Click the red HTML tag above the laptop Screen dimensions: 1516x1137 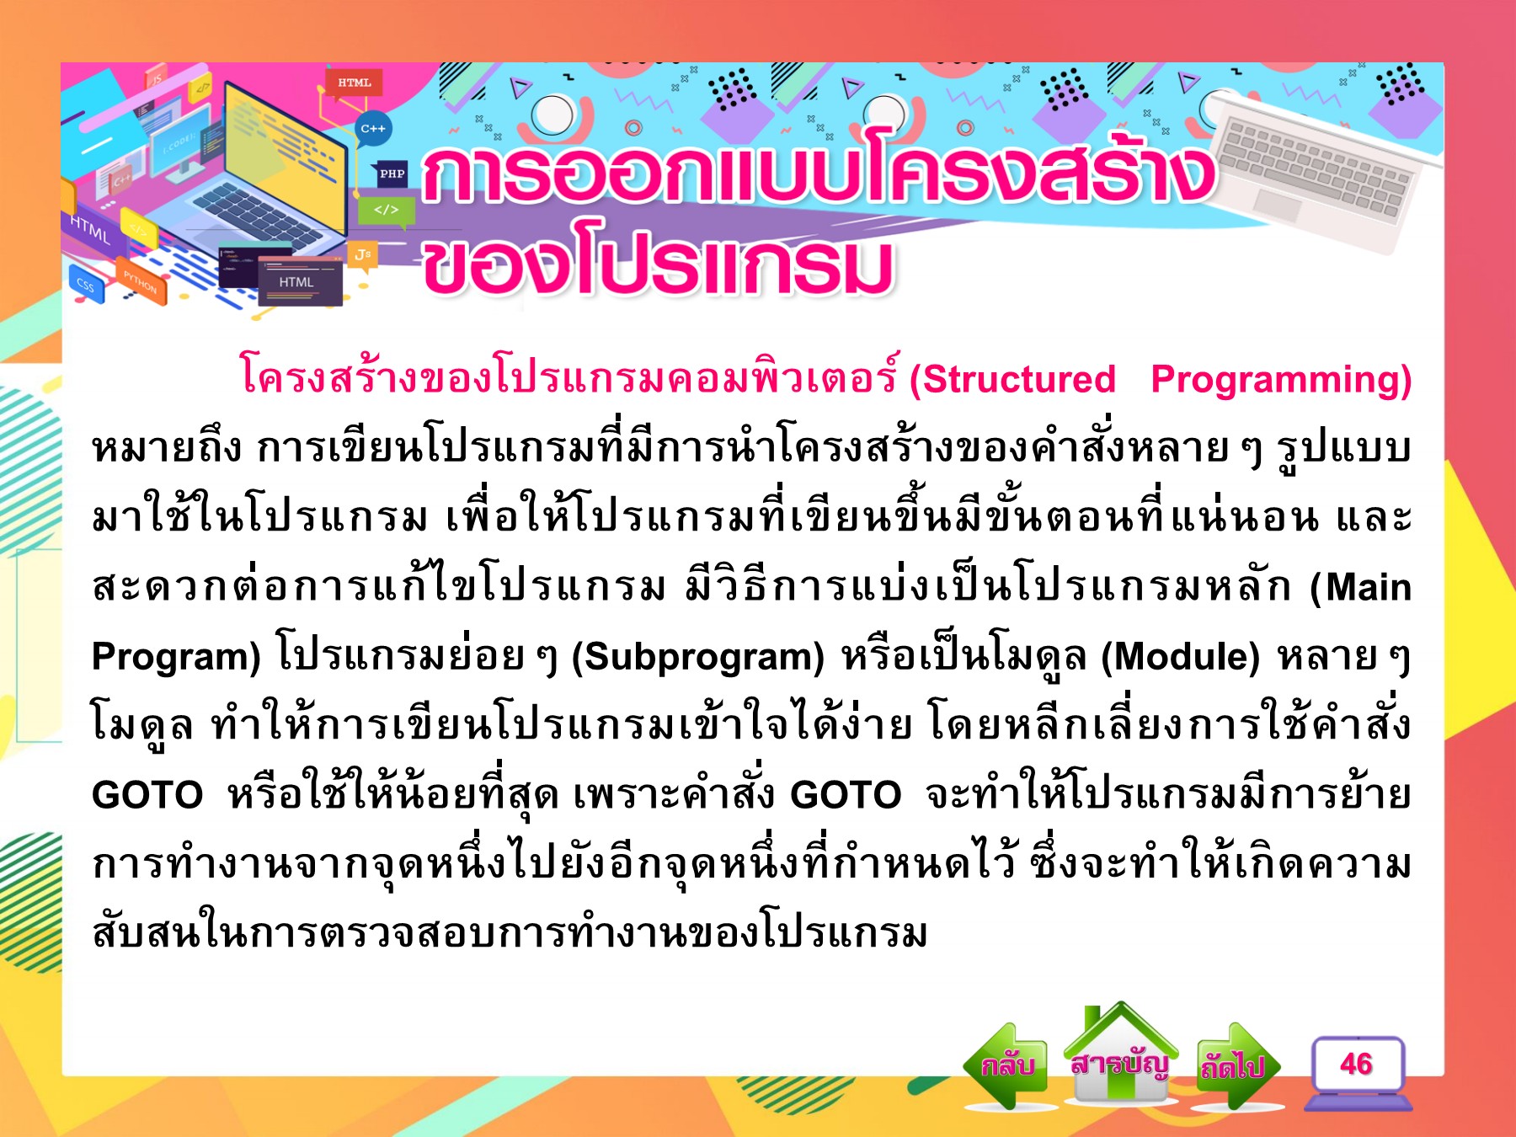(354, 83)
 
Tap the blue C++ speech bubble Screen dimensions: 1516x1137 (372, 129)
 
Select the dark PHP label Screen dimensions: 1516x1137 (392, 174)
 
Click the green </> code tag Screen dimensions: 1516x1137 (387, 211)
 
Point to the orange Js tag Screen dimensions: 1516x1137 (363, 254)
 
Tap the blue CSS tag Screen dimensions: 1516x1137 (86, 286)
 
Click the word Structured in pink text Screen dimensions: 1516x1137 (1012, 380)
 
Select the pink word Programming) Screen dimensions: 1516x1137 (1281, 380)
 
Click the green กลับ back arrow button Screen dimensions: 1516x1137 (1006, 1065)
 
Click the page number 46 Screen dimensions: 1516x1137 (1356, 1065)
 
